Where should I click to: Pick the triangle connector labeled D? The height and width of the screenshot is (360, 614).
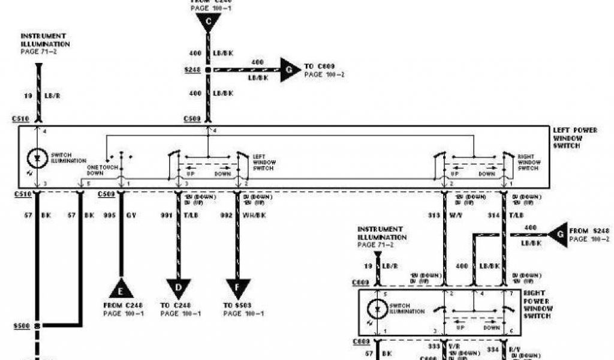click(178, 289)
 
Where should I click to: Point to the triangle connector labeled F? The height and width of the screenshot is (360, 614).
click(238, 289)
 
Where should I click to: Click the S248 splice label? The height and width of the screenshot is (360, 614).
click(192, 71)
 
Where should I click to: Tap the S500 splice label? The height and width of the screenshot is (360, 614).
click(22, 327)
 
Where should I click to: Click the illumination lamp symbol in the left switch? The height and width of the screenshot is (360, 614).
click(38, 158)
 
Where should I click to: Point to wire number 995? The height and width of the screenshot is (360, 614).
click(109, 214)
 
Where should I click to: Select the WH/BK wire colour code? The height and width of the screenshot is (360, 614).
click(254, 214)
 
